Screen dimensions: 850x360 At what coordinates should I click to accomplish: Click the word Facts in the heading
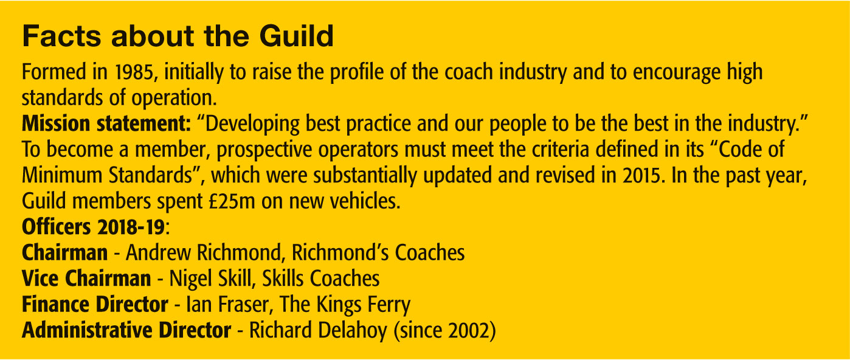point(61,36)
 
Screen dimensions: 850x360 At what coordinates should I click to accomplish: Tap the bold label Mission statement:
point(106,123)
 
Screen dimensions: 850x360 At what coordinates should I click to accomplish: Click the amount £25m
point(232,201)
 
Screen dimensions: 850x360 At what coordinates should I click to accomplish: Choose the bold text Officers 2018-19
point(94,227)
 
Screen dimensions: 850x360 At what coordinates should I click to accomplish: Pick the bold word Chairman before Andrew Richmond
point(65,252)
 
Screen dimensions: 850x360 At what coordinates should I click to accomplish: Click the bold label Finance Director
point(95,304)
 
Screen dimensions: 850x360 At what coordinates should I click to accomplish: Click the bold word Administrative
point(88,330)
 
